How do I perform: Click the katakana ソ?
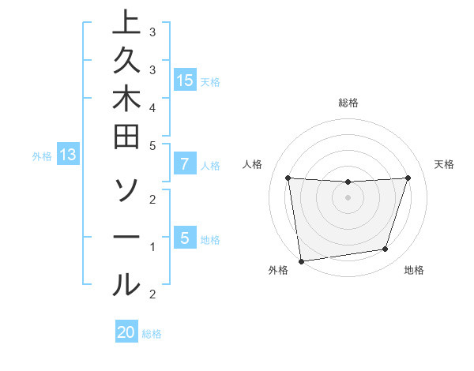click(x=126, y=190)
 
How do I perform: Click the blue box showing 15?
click(x=185, y=81)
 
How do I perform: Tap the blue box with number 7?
click(x=185, y=165)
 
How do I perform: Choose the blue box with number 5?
click(x=185, y=238)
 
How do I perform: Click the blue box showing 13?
click(x=68, y=156)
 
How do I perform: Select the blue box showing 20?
click(x=126, y=332)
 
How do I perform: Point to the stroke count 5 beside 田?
click(x=152, y=145)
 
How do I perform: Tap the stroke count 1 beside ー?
click(x=152, y=247)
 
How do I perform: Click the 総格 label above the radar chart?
click(x=348, y=103)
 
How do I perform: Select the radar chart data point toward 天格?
click(x=408, y=178)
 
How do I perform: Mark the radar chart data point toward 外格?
click(x=301, y=260)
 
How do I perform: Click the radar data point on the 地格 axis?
click(x=386, y=249)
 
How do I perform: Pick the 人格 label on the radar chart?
click(x=253, y=164)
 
